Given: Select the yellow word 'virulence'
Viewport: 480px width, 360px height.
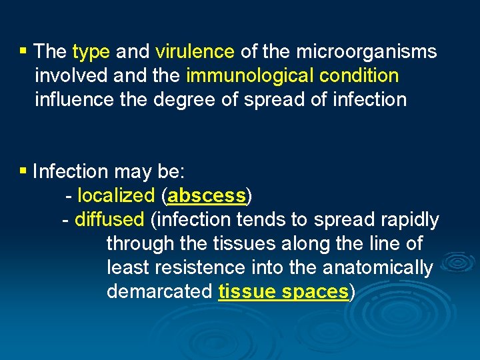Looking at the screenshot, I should click(x=195, y=52).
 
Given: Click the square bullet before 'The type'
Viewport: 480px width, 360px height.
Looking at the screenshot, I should click(x=23, y=51).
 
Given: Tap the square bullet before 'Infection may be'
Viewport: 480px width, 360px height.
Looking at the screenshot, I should click(x=23, y=171).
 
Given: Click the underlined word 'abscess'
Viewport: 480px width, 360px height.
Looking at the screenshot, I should click(x=207, y=196).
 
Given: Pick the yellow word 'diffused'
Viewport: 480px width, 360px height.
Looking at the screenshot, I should click(x=109, y=220).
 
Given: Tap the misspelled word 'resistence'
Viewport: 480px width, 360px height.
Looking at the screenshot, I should click(x=201, y=268).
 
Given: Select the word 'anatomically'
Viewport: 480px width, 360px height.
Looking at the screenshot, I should click(x=377, y=268).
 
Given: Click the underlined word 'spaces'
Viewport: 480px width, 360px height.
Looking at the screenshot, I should click(x=315, y=292).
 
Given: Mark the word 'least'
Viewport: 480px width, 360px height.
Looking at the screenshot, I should click(x=127, y=268).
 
